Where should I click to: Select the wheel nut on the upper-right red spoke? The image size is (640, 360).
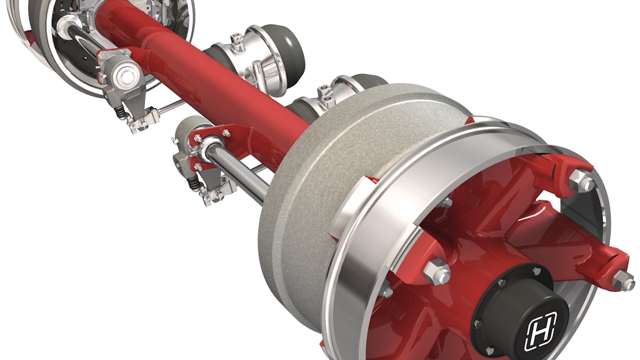click(x=584, y=183)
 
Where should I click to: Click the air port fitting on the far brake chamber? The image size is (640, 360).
click(x=237, y=41)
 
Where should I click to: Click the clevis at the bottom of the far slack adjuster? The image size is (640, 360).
click(x=139, y=122)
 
